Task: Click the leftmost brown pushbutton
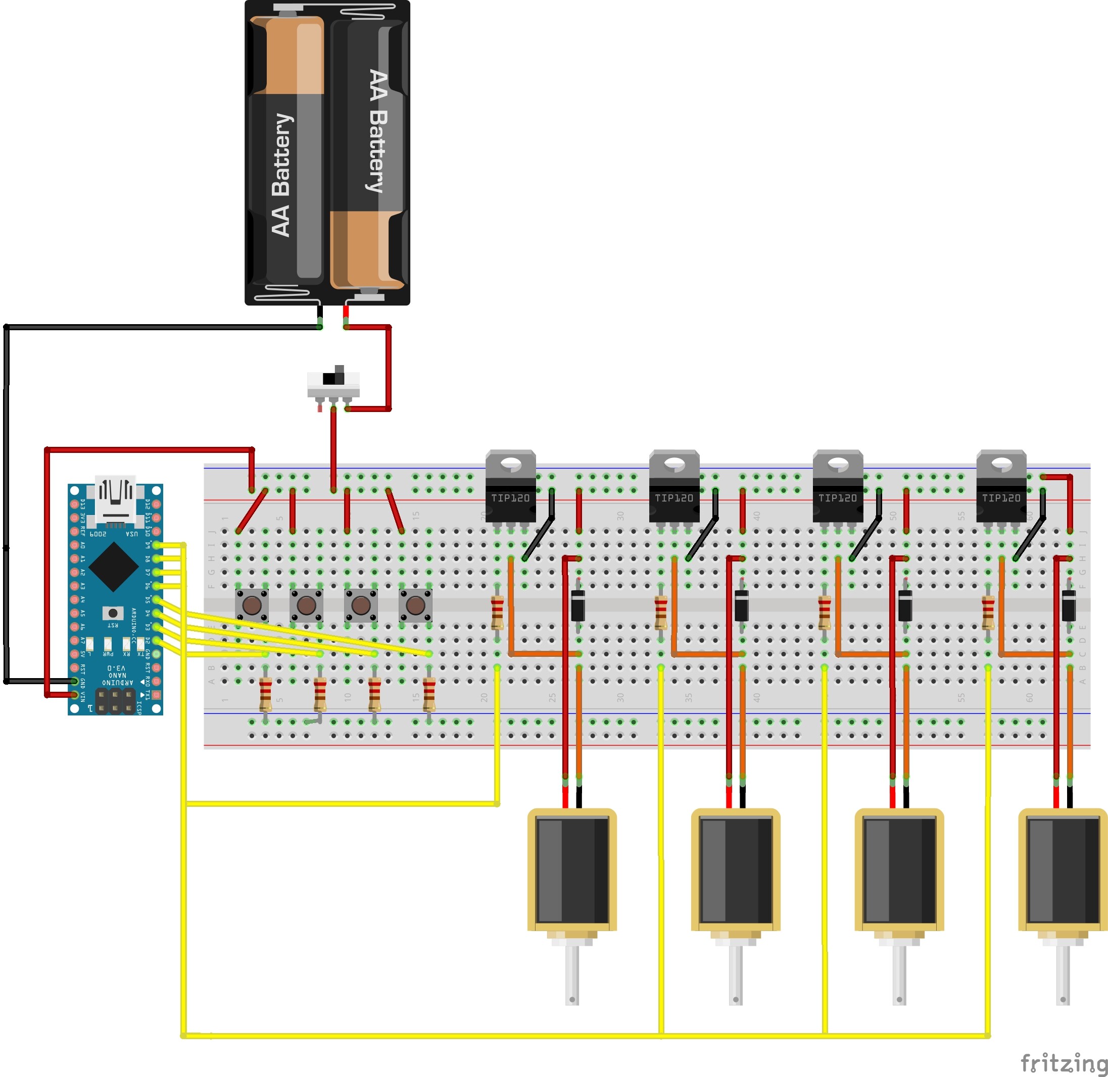[252, 605]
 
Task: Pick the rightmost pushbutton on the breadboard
[415, 605]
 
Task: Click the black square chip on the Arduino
[114, 568]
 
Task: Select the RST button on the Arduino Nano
[113, 613]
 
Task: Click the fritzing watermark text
[1063, 1062]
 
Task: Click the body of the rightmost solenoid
[1062, 871]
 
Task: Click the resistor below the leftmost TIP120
[497, 612]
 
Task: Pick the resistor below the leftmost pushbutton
[265, 694]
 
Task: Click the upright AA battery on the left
[287, 150]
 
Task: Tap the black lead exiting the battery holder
[320, 315]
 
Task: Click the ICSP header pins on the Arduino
[115, 701]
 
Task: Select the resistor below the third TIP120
[824, 612]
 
